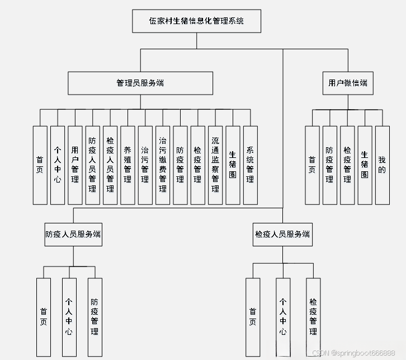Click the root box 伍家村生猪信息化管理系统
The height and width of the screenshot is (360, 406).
pyautogui.click(x=196, y=21)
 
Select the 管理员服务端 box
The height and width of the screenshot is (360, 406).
pyautogui.click(x=140, y=83)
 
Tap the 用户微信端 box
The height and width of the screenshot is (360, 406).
pyautogui.click(x=348, y=83)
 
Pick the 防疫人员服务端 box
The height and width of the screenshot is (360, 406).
pyautogui.click(x=73, y=234)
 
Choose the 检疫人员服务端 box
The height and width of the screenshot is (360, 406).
pyautogui.click(x=282, y=234)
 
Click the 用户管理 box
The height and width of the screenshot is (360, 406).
pyautogui.click(x=75, y=165)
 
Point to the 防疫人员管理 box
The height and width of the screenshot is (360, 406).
pyautogui.click(x=92, y=165)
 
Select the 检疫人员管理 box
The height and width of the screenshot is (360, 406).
pyautogui.click(x=110, y=165)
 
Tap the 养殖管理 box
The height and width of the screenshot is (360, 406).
pyautogui.click(x=128, y=165)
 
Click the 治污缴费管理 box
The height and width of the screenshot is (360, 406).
pyautogui.click(x=163, y=165)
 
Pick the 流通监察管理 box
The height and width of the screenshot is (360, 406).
pyautogui.click(x=215, y=165)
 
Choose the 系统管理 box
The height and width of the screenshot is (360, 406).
pyautogui.click(x=250, y=165)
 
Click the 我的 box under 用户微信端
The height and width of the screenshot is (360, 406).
pyautogui.click(x=382, y=165)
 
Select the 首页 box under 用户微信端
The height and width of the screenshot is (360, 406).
pyautogui.click(x=312, y=165)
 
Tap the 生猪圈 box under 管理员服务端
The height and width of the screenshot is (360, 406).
pyautogui.click(x=233, y=165)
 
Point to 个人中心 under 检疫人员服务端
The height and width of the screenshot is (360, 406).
pyautogui.click(x=283, y=316)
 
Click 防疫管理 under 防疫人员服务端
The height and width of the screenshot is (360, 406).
pyautogui.click(x=95, y=316)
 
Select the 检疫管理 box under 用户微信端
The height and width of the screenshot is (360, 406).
pyautogui.click(x=347, y=165)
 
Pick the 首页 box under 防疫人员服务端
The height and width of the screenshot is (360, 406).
pyautogui.click(x=44, y=316)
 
